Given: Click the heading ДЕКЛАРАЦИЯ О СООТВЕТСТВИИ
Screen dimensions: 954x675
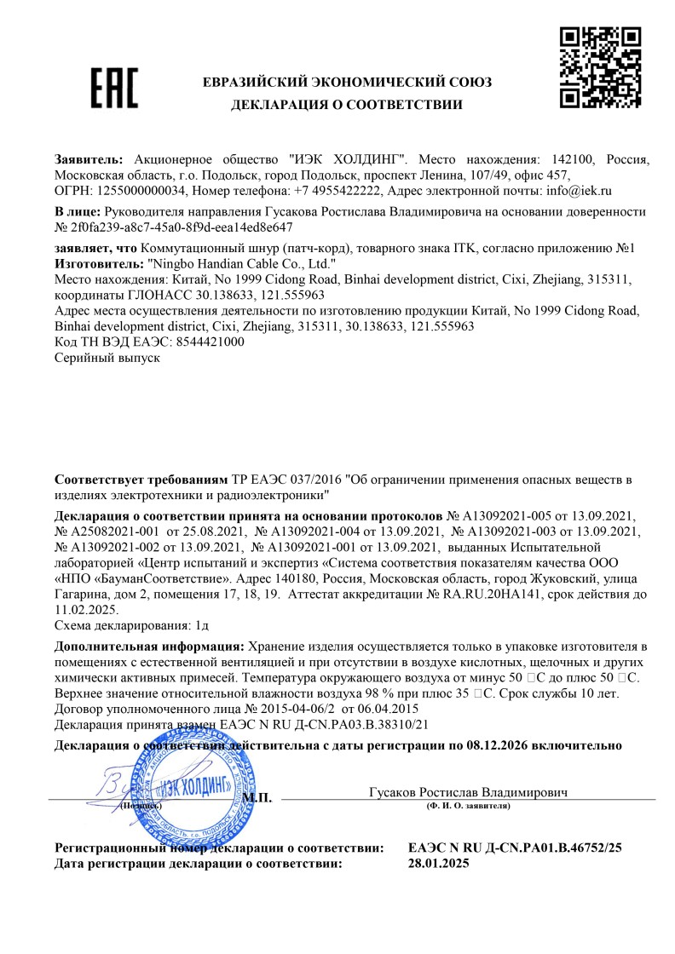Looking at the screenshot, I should point(347,106).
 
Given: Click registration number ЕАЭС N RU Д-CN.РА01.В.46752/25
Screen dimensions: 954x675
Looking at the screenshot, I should point(516,848).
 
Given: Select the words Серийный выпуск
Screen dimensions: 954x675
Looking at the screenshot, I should point(107,358).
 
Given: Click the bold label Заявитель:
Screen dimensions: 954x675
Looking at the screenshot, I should point(89,159).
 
